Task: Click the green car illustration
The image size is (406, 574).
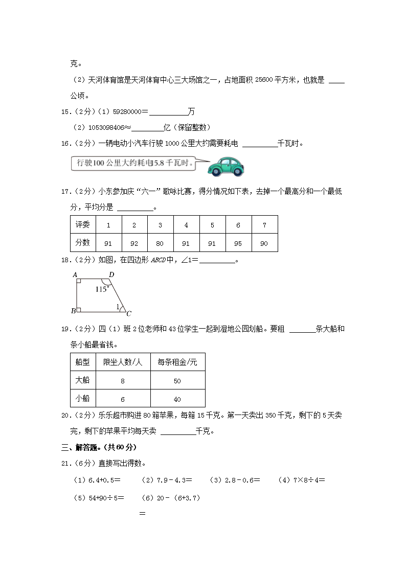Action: [228, 165]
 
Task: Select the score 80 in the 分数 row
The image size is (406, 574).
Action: [160, 243]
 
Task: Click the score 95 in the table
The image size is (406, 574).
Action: [238, 243]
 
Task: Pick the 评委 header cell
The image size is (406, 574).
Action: [83, 225]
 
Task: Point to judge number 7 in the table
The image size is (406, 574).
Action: [264, 225]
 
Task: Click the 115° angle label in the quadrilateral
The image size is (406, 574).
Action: [102, 289]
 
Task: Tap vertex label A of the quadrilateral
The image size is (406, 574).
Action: [75, 275]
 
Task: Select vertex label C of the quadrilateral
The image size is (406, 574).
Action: [129, 313]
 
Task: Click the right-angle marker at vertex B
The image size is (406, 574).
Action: [79, 310]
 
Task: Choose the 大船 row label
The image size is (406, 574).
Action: [82, 380]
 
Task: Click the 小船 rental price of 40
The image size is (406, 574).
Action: [177, 399]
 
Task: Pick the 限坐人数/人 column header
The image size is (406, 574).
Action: [122, 362]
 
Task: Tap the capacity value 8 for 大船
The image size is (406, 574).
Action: [123, 381]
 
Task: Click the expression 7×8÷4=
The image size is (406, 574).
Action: [301, 480]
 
